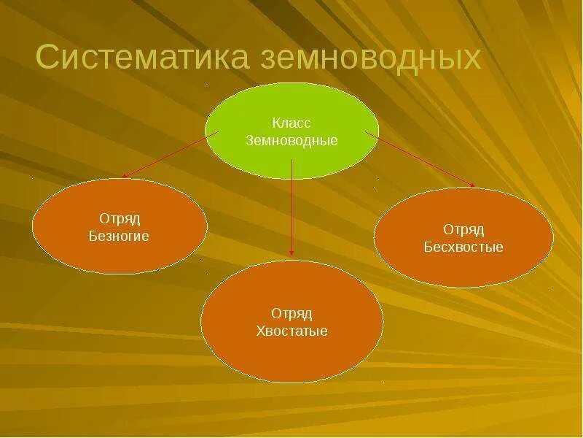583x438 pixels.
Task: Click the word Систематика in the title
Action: tap(138, 58)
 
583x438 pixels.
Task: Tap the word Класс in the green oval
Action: tap(291, 123)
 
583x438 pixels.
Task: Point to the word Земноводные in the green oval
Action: tap(291, 140)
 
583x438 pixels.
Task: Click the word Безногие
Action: tap(119, 237)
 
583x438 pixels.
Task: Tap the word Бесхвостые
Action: tap(463, 247)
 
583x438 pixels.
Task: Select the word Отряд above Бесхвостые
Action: tap(463, 230)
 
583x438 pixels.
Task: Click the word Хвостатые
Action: tap(291, 331)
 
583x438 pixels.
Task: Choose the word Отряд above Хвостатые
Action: tap(291, 314)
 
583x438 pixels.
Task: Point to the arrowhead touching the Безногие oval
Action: tap(125, 176)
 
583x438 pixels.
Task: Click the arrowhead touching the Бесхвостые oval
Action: tap(472, 185)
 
